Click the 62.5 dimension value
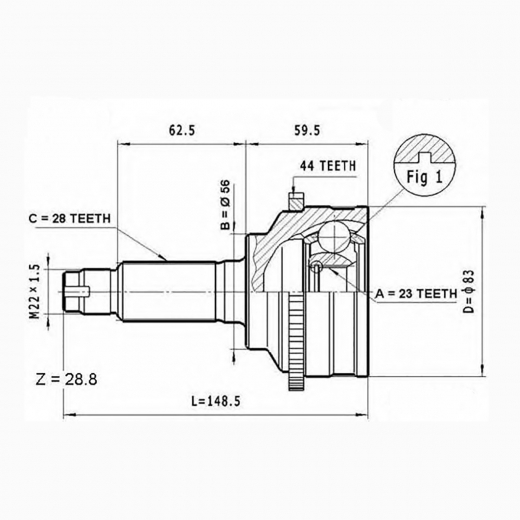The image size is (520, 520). pos(182,130)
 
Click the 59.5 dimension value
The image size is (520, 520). pos(307,130)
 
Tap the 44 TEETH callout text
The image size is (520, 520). pos(328,166)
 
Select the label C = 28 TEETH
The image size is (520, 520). pos(69,219)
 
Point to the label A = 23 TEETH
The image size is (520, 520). pos(416,294)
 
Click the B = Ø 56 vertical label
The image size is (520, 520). pos(226,205)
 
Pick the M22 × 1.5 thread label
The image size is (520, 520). pos(34,292)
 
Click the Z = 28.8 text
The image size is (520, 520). pos(66,379)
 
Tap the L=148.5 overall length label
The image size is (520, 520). pos(216,401)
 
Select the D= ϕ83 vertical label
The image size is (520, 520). pos(468,292)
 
